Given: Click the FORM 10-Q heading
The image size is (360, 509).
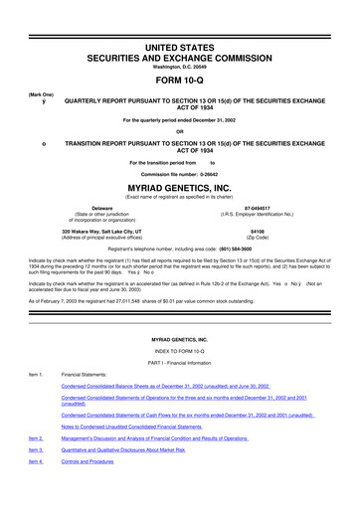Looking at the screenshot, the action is pyautogui.click(x=180, y=83).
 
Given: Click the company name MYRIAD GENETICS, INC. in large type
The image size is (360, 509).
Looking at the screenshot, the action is pyautogui.click(x=180, y=185).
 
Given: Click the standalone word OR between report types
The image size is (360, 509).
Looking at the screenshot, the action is pyautogui.click(x=180, y=131).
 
